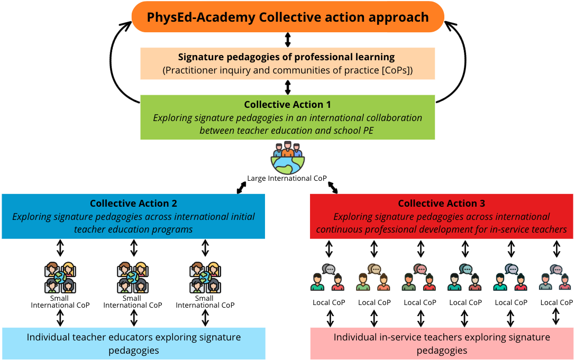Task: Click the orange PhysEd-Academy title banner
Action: (x=288, y=17)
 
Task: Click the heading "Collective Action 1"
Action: (x=288, y=105)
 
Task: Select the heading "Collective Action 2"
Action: (x=133, y=203)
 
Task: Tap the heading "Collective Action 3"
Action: (x=442, y=203)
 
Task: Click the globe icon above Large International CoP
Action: (x=288, y=158)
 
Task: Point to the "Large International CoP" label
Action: (x=287, y=179)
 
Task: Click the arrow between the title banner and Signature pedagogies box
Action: (x=288, y=40)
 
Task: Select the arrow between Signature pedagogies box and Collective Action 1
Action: (x=288, y=87)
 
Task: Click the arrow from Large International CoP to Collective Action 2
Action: (x=241, y=188)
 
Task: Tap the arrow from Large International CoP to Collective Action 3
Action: (x=333, y=188)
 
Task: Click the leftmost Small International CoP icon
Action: (x=60, y=278)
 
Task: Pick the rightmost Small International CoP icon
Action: (x=205, y=278)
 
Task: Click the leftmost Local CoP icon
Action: (x=328, y=277)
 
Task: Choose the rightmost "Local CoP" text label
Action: (x=556, y=302)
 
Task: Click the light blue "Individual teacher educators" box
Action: (x=134, y=344)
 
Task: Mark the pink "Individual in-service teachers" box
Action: (x=442, y=344)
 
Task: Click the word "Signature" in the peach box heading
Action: (x=200, y=58)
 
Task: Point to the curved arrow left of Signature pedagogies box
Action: (x=111, y=60)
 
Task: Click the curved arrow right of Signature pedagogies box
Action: (x=466, y=60)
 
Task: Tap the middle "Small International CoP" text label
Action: (x=132, y=302)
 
